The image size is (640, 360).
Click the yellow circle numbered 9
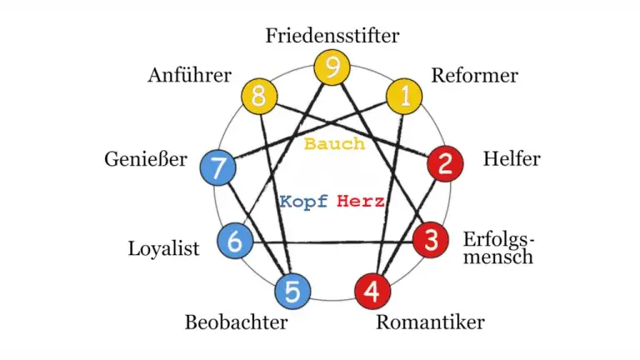tap(332, 67)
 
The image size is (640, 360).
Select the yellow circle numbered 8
tap(258, 97)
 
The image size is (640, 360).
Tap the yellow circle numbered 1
tap(405, 97)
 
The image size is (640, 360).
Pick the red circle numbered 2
tap(445, 163)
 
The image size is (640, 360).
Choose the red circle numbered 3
tap(431, 242)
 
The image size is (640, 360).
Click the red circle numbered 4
tap(373, 292)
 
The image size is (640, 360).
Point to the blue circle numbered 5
tap(292, 292)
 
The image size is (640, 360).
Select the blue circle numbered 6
tap(235, 242)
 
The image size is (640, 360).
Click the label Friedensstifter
tap(332, 36)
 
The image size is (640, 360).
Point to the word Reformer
tap(474, 76)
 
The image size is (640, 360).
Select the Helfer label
tap(512, 159)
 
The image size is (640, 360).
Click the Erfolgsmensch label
tap(498, 248)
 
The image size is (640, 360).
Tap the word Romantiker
tap(430, 322)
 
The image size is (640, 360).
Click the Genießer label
tap(147, 159)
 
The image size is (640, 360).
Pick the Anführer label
tap(189, 76)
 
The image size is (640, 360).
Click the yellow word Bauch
tap(334, 143)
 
